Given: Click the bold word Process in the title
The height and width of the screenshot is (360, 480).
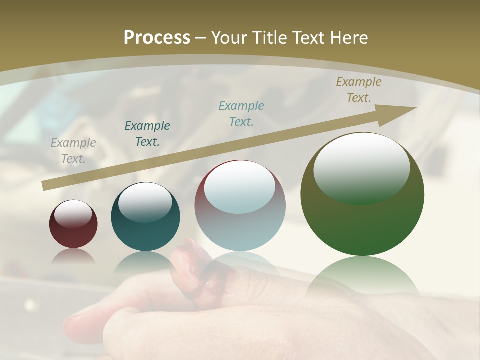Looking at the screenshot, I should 157,38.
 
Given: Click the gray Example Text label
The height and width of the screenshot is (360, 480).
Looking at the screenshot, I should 73,151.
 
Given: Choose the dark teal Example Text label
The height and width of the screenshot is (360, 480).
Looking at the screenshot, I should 147,134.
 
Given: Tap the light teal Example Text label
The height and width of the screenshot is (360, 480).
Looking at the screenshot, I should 241,114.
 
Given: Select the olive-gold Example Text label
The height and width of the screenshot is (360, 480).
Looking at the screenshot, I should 358,90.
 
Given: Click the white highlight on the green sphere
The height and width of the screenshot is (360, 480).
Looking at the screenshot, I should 361,167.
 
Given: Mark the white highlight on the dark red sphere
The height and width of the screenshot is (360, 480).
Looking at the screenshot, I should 73,214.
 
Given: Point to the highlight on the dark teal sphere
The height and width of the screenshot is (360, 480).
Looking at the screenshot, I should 145,202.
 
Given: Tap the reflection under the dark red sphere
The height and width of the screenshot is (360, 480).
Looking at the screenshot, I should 73,256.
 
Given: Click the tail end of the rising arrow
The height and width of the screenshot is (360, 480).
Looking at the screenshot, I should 45,185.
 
